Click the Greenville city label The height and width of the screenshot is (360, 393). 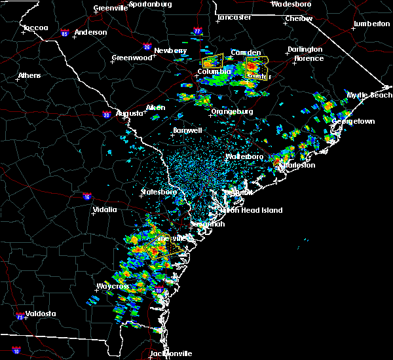click(x=110, y=8)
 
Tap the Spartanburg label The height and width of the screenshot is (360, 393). click(x=151, y=4)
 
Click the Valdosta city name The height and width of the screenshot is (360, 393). click(x=38, y=314)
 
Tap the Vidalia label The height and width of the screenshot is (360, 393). click(x=104, y=209)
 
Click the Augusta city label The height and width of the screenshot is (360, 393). click(x=130, y=113)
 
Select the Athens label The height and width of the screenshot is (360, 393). click(x=29, y=75)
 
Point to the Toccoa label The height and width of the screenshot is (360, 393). click(x=35, y=28)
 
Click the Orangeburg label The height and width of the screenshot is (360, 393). click(x=232, y=111)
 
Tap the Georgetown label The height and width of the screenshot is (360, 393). click(x=353, y=122)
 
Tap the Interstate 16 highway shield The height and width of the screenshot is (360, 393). click(x=87, y=196)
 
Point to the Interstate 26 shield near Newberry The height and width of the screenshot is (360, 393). click(x=147, y=46)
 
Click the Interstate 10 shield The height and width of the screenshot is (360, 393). click(x=16, y=351)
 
